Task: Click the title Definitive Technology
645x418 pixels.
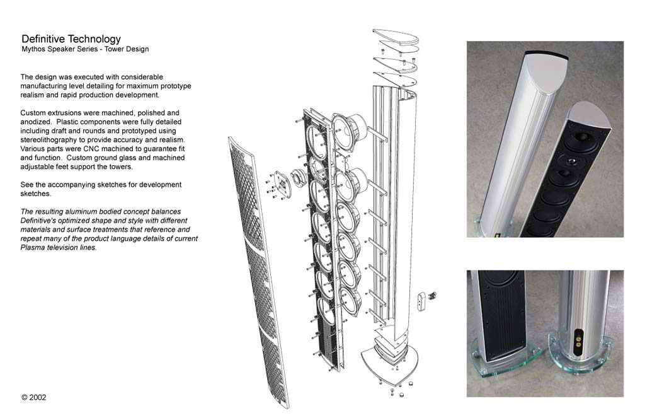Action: click(71, 38)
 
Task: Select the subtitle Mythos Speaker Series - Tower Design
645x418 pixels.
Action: click(85, 49)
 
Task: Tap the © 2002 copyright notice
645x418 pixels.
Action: click(34, 397)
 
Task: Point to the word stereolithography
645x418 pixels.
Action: click(48, 139)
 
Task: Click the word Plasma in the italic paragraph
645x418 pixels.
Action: click(32, 248)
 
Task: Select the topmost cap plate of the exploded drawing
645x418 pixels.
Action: click(396, 36)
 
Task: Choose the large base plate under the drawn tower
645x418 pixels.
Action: click(389, 363)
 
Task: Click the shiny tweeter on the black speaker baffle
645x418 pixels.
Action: click(571, 161)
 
